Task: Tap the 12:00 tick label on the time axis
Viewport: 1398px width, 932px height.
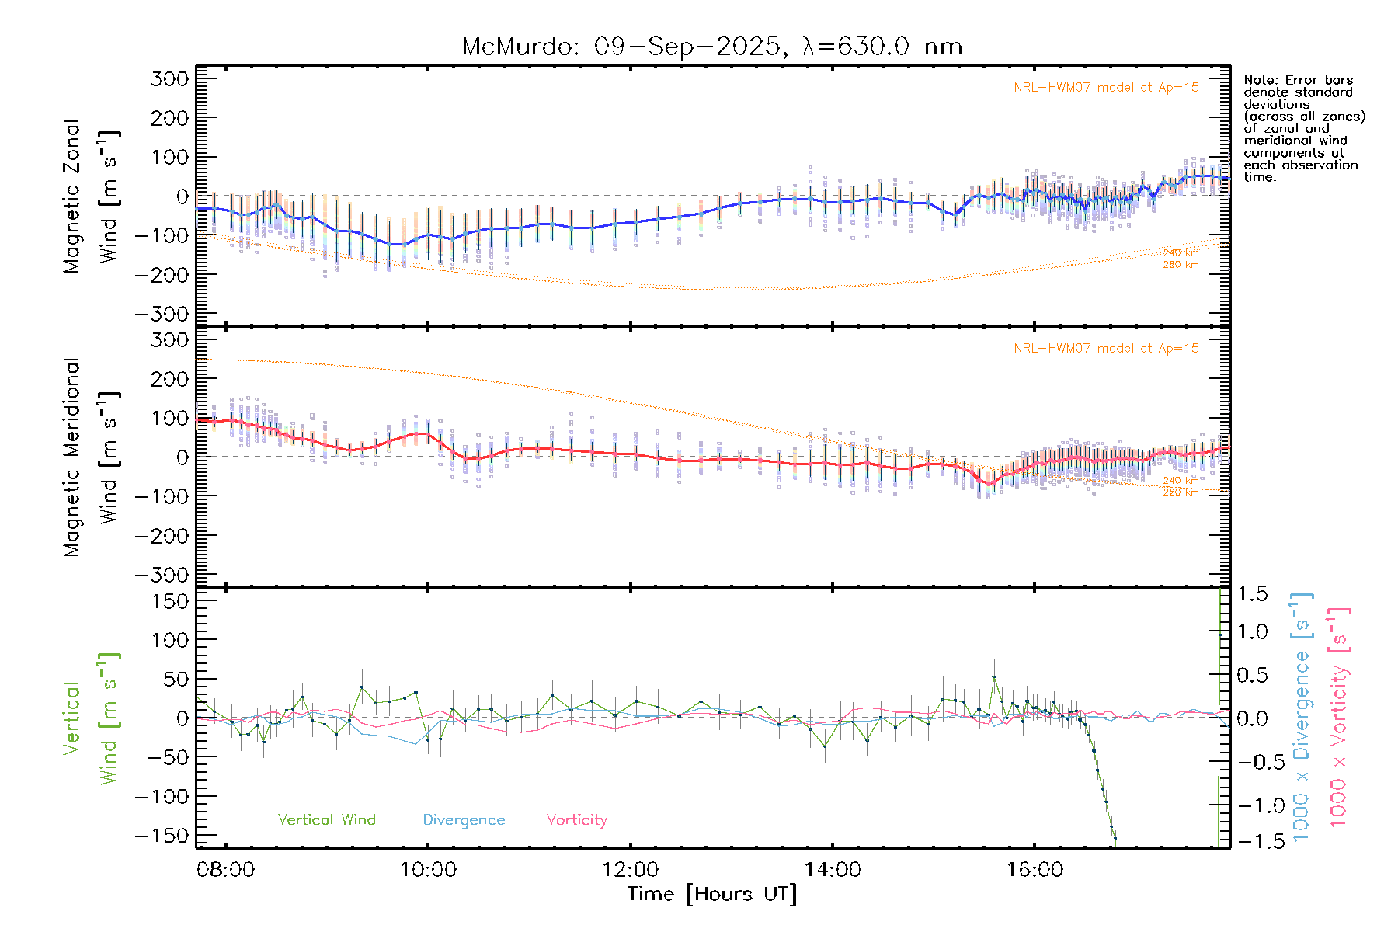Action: coord(630,869)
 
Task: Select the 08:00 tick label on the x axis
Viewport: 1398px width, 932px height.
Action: coord(226,869)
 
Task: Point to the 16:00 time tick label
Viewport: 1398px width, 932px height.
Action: coord(1035,869)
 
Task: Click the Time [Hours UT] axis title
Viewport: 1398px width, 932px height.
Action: coord(712,894)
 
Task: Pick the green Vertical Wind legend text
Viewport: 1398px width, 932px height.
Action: coord(326,819)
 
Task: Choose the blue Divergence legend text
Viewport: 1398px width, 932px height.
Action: coord(464,819)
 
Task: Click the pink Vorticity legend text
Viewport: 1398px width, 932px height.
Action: coord(576,819)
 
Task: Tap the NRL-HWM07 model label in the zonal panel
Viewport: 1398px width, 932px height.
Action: coord(1106,87)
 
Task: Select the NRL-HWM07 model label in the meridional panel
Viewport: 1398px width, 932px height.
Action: coord(1106,348)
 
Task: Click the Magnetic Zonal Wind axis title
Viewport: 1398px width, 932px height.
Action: coord(91,196)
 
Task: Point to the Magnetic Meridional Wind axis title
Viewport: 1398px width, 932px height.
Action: coord(91,457)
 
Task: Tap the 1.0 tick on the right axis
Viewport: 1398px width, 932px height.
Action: coord(1252,631)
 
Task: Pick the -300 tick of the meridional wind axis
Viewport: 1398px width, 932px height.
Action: coord(162,575)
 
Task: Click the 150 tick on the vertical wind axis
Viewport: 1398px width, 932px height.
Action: coord(170,600)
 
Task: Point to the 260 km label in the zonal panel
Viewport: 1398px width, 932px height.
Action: coord(1181,265)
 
